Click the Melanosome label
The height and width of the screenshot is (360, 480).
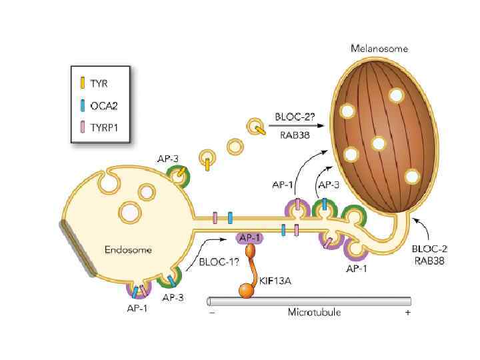[379, 49]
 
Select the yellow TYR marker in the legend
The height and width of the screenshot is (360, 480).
[82, 84]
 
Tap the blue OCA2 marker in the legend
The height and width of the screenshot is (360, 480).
[82, 105]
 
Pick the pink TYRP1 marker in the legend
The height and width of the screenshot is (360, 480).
[82, 125]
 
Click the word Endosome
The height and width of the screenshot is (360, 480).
[129, 250]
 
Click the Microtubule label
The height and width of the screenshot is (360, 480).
[311, 311]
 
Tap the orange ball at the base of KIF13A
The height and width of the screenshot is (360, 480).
[245, 291]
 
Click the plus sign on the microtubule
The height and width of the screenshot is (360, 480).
[407, 311]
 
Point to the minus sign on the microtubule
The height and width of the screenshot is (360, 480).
[212, 311]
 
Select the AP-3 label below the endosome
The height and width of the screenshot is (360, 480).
[173, 297]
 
